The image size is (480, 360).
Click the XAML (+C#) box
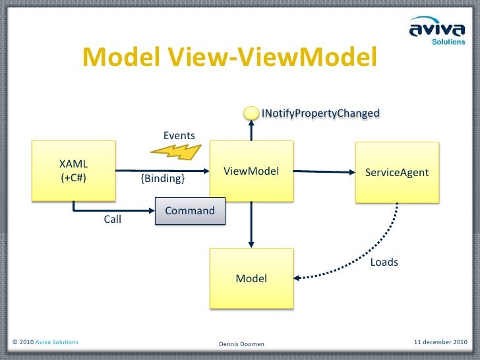(x=74, y=170)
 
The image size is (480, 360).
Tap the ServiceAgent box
(x=397, y=172)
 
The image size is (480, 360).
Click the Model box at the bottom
(x=251, y=278)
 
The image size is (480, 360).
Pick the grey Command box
(x=190, y=211)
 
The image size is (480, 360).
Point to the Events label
(x=179, y=135)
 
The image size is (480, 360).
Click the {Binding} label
(x=163, y=179)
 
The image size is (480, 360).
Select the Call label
(x=113, y=220)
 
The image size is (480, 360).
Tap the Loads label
(x=384, y=262)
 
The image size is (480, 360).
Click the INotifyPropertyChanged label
(x=320, y=113)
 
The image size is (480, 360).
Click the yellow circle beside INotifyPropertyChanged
(x=251, y=113)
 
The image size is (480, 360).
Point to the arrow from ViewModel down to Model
(x=251, y=224)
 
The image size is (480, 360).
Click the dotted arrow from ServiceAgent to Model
(x=369, y=254)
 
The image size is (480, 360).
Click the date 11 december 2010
(x=440, y=342)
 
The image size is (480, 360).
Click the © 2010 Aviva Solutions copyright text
(x=45, y=342)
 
